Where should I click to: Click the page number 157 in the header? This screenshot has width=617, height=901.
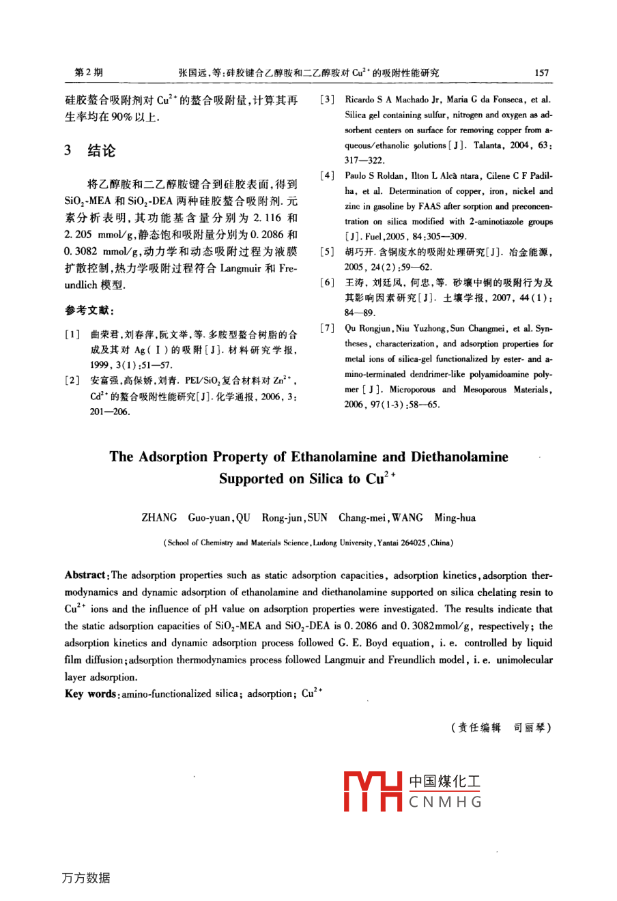click(x=541, y=72)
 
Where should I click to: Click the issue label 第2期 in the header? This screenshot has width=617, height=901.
click(x=88, y=72)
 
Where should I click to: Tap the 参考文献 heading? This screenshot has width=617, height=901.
click(x=85, y=311)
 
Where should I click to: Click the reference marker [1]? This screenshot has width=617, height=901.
click(x=70, y=335)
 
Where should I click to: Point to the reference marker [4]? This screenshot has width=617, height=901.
click(x=327, y=176)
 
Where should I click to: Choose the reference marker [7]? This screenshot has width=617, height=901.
click(x=327, y=329)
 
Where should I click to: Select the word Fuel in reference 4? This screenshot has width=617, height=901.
click(x=374, y=237)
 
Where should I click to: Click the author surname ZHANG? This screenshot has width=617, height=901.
click(x=159, y=517)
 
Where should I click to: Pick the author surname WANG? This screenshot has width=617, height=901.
click(x=407, y=517)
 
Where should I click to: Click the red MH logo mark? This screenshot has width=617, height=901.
click(x=373, y=792)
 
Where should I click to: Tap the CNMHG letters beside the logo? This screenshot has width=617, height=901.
click(x=445, y=802)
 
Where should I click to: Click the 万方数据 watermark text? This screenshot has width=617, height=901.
click(x=85, y=878)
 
